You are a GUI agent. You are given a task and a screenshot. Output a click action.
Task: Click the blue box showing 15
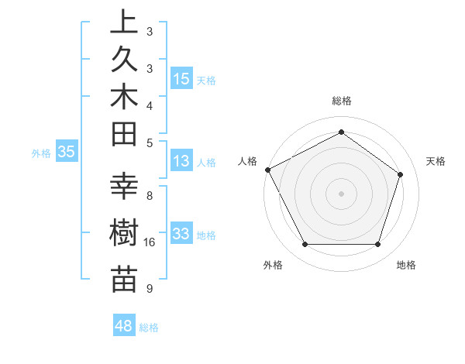[181, 79]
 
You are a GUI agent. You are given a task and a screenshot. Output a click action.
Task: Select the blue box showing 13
[181, 162]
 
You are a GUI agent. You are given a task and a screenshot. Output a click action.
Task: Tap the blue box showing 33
[181, 235]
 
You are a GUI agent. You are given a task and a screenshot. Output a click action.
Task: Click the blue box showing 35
[67, 153]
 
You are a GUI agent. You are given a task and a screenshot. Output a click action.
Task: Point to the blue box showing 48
[124, 327]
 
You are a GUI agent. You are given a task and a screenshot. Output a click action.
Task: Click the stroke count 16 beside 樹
[150, 242]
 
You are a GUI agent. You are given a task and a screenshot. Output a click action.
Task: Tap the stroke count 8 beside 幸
[150, 195]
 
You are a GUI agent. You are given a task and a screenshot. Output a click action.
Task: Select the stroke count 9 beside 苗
[150, 289]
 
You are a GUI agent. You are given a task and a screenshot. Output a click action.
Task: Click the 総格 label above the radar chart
[341, 101]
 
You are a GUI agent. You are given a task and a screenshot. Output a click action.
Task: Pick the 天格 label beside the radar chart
[436, 161]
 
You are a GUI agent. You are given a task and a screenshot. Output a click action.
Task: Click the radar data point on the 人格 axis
[267, 170]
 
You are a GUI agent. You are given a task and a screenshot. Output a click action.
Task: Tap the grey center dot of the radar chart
[341, 193]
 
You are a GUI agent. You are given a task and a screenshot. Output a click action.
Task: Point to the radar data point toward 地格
[377, 245]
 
